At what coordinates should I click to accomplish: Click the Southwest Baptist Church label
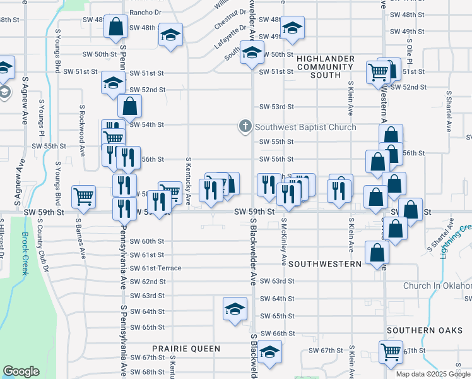pyautogui.click(x=305, y=127)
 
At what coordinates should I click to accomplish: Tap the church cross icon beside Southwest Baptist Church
pyautogui.click(x=245, y=127)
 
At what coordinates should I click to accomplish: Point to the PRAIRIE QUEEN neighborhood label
pyautogui.click(x=186, y=349)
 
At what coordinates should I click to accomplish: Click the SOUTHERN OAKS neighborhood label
pyautogui.click(x=420, y=330)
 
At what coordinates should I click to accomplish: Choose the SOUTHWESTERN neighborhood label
pyautogui.click(x=325, y=263)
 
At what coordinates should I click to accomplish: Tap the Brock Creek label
pyautogui.click(x=25, y=253)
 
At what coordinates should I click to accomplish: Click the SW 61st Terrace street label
pyautogui.click(x=155, y=268)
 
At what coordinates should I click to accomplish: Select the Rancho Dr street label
pyautogui.click(x=145, y=12)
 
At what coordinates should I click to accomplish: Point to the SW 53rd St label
pyautogui.click(x=277, y=107)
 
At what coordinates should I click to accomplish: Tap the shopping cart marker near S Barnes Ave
pyautogui.click(x=83, y=196)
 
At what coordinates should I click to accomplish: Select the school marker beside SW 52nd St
pyautogui.click(x=114, y=83)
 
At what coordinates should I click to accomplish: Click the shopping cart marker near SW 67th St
pyautogui.click(x=391, y=351)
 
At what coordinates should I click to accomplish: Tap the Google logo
pyautogui.click(x=21, y=371)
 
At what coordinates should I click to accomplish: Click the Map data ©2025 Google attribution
pyautogui.click(x=432, y=374)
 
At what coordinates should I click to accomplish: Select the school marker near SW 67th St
pyautogui.click(x=269, y=352)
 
